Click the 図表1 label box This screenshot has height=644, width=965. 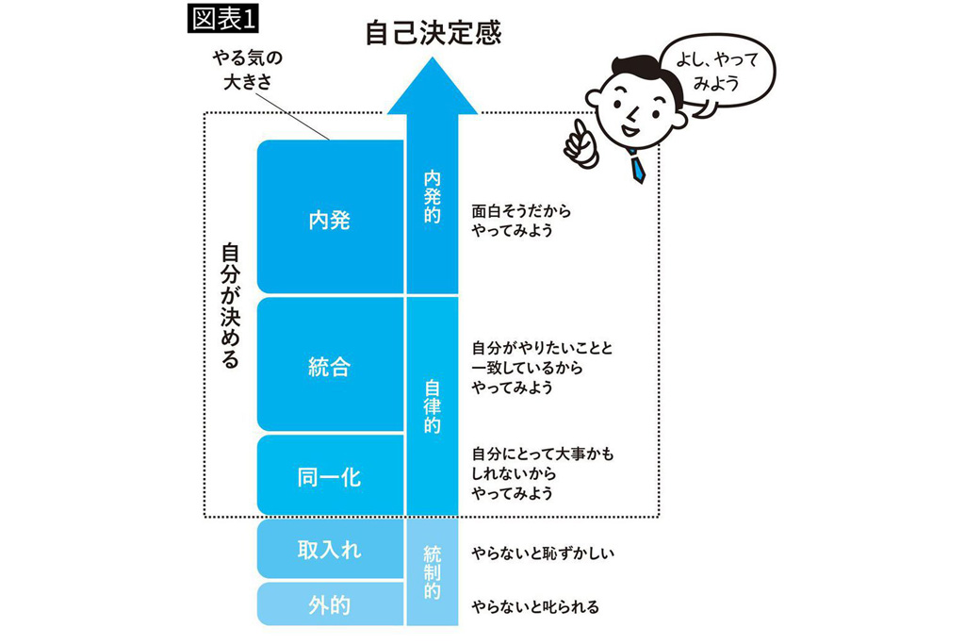point(224,19)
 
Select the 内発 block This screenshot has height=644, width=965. point(329,219)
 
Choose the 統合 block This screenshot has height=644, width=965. point(329,366)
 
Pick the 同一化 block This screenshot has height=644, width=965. point(329,477)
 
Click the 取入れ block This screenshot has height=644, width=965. point(329,549)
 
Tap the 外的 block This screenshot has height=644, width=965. point(329,604)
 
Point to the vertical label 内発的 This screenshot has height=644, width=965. point(433,196)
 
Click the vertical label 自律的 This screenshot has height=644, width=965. point(433,406)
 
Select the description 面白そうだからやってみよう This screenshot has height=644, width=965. point(521,221)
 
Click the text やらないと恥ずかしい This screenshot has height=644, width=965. point(543,553)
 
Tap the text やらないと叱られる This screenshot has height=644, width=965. point(534,606)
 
